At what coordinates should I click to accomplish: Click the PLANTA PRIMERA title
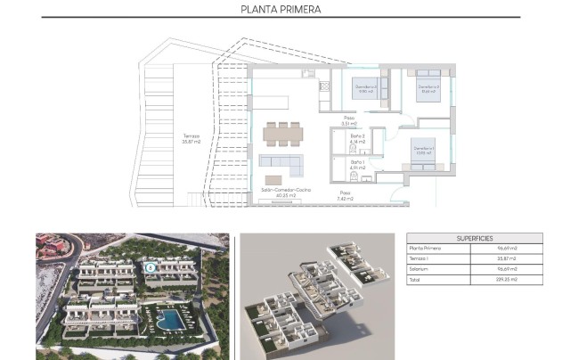click(x=281, y=10)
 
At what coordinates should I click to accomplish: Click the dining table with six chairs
click(x=282, y=134)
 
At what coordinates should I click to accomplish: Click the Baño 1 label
click(x=357, y=165)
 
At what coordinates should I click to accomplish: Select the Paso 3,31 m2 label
click(x=348, y=120)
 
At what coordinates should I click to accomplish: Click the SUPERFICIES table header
click(x=474, y=238)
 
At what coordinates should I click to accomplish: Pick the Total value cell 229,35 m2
click(x=508, y=279)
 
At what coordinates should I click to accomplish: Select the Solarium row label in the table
click(x=419, y=268)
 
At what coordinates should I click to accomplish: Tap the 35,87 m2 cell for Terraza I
click(x=508, y=258)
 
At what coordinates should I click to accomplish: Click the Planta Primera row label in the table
click(x=426, y=249)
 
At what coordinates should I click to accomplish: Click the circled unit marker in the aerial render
click(x=151, y=265)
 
